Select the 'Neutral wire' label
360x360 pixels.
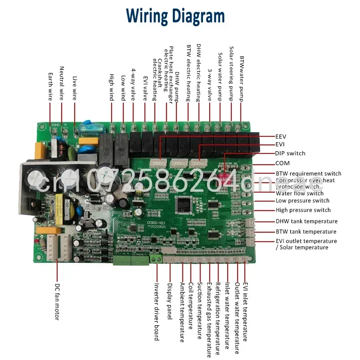coord(62,83)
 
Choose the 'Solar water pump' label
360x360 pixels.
coord(220,77)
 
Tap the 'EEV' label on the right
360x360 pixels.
coord(280,136)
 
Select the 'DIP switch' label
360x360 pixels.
coord(290,153)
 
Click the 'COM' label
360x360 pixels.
coord(283,163)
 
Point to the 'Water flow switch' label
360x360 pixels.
coord(299,193)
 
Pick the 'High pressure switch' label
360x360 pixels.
coord(303,210)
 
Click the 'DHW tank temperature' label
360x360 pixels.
coord(306,221)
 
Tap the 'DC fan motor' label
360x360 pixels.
coord(57,301)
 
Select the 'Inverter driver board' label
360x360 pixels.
coord(157,311)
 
